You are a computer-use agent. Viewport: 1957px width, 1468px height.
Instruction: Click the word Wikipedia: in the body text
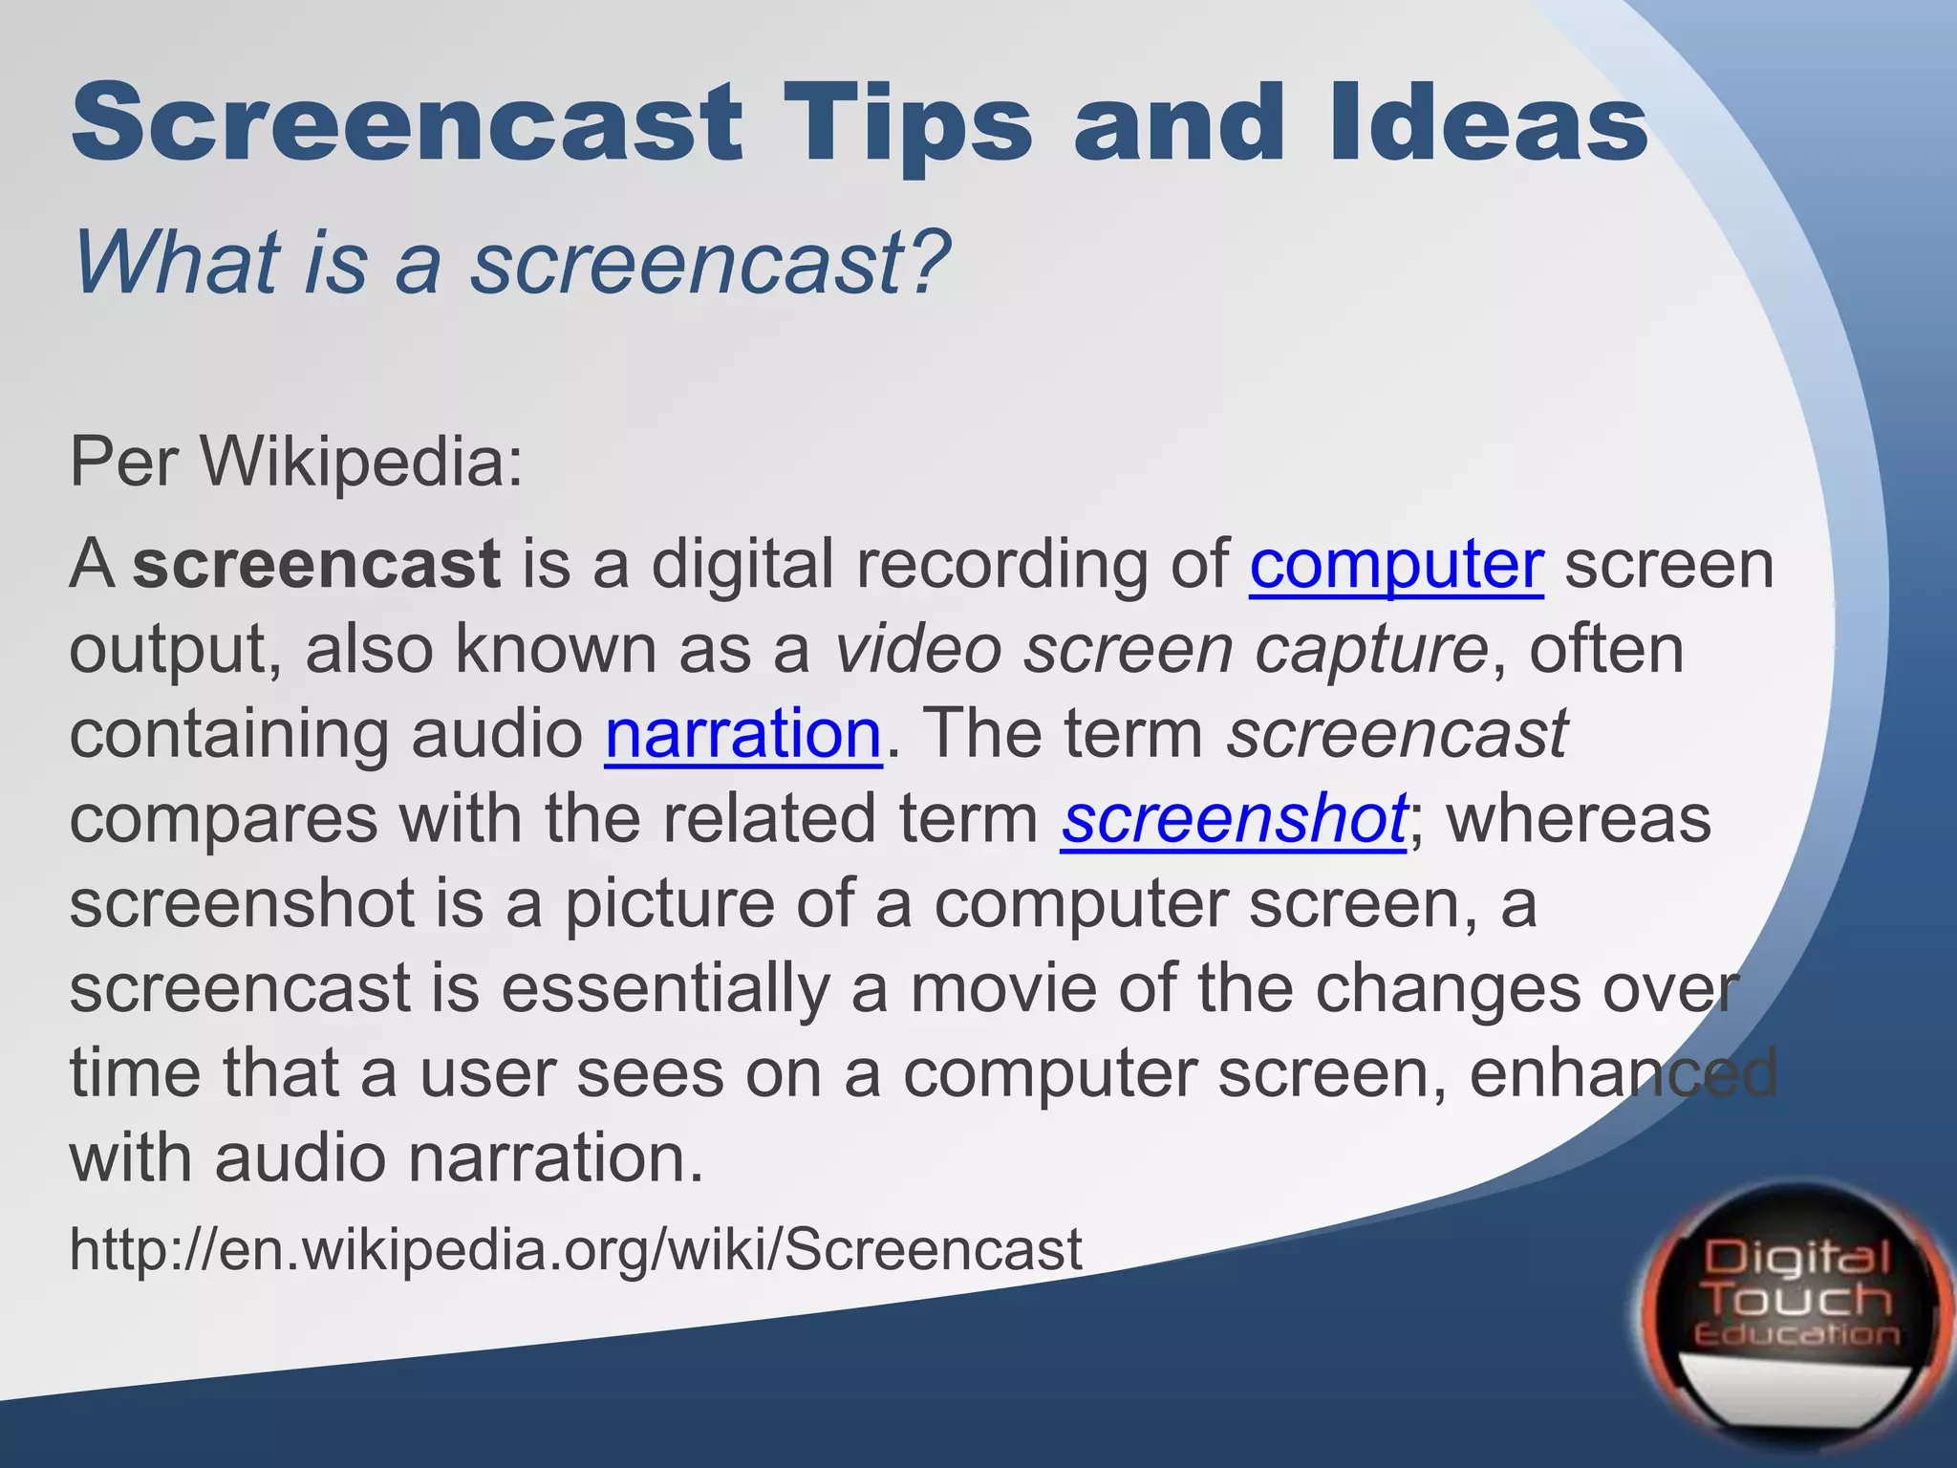(x=363, y=462)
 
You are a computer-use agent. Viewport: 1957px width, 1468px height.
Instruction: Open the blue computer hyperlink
(x=1396, y=564)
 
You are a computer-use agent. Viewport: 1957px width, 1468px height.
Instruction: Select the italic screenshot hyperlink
(x=1233, y=819)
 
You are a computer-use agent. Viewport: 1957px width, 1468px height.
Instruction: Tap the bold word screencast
(x=316, y=564)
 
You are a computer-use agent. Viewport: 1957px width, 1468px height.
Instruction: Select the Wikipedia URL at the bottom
(x=575, y=1249)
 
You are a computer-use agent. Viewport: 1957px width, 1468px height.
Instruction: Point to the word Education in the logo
(x=1796, y=1334)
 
